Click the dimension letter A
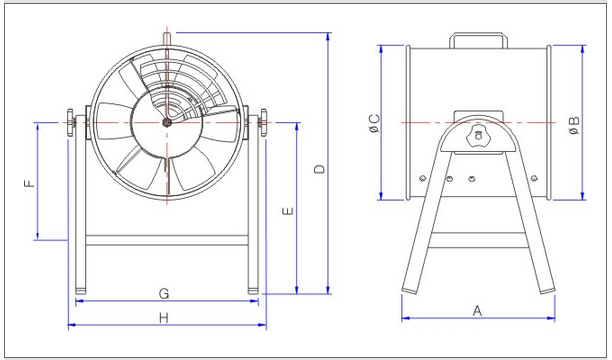pyautogui.click(x=477, y=311)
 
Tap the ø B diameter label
pyautogui.click(x=574, y=125)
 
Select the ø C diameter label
pyautogui.click(x=374, y=123)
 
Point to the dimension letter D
pyautogui.click(x=320, y=169)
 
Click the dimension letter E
pyautogui.click(x=288, y=211)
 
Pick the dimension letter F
pyautogui.click(x=30, y=184)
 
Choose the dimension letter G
pyautogui.click(x=164, y=293)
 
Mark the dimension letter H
pyautogui.click(x=164, y=318)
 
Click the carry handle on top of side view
pyautogui.click(x=478, y=35)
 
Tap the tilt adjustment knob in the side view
pyautogui.click(x=478, y=136)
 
